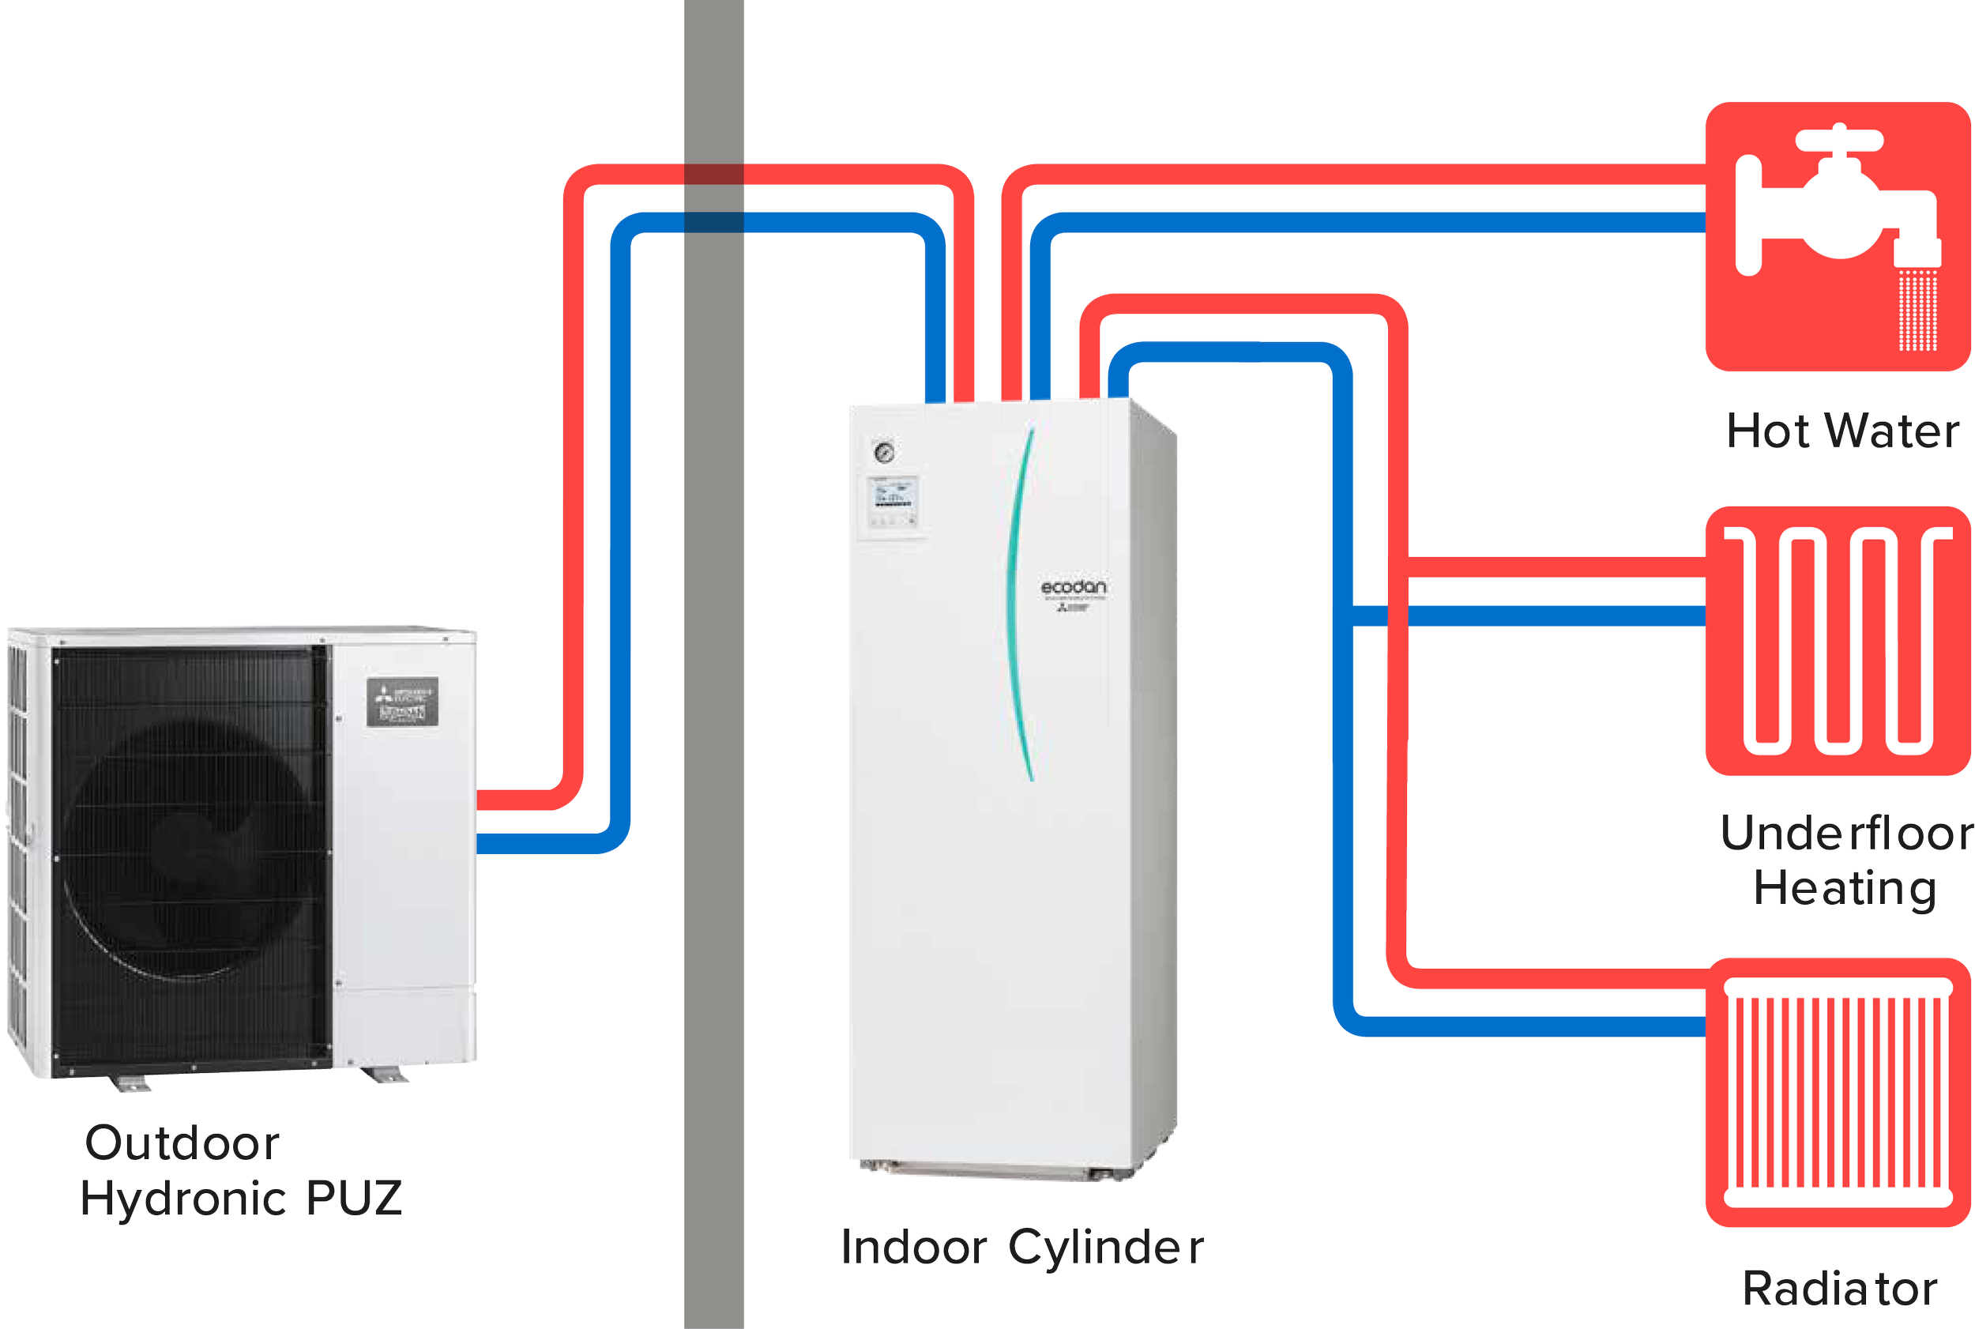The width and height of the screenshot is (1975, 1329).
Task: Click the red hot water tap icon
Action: (x=1837, y=235)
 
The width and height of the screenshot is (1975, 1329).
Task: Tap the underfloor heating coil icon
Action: (x=1837, y=640)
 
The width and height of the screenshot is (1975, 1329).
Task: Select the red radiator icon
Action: (x=1837, y=1092)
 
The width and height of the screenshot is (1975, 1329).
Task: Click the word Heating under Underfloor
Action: (x=1844, y=888)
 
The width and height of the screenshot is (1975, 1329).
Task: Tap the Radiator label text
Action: (x=1839, y=1289)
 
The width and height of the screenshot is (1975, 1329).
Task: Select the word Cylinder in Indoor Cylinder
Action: (x=1106, y=1248)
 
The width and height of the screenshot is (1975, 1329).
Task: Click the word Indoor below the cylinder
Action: (x=914, y=1248)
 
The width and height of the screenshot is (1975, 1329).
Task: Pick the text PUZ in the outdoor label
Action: (x=353, y=1198)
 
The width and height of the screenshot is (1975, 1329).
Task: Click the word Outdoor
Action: (x=182, y=1143)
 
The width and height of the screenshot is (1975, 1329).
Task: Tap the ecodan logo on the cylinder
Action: (x=1073, y=587)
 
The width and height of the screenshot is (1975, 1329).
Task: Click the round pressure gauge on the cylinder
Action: (x=884, y=452)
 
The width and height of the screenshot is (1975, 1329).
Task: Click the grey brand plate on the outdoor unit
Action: (x=402, y=702)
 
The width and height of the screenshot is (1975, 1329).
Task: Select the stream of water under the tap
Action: (x=1917, y=310)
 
